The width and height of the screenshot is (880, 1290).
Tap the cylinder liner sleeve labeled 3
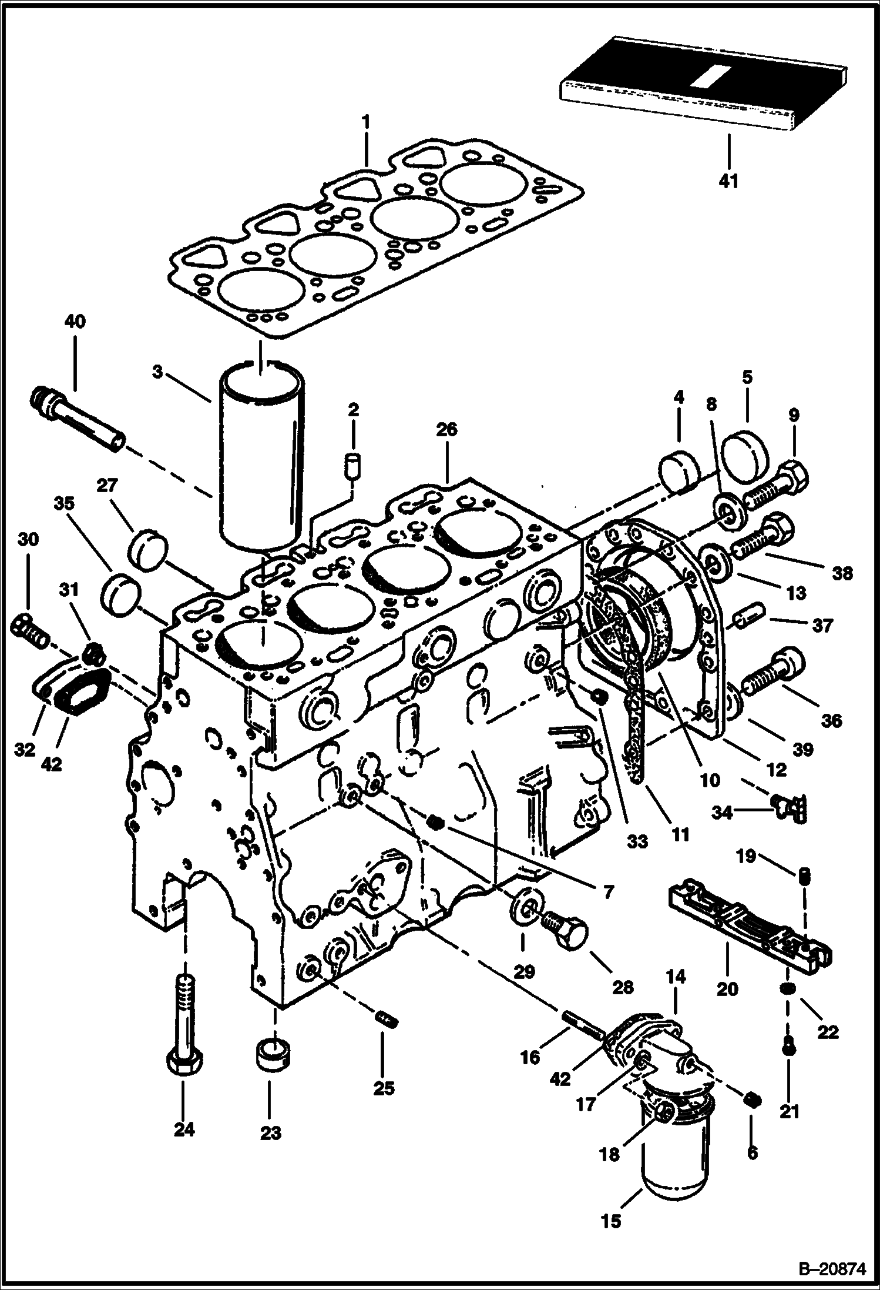pyautogui.click(x=261, y=459)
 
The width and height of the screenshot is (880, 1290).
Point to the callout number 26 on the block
pyautogui.click(x=446, y=430)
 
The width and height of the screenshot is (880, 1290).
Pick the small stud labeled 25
pyautogui.click(x=386, y=1018)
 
